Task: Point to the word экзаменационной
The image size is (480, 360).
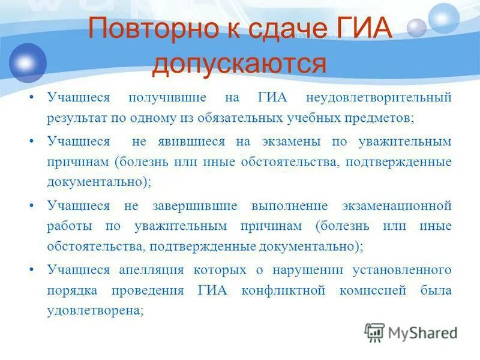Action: (x=398, y=206)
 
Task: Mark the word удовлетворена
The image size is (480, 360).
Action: (x=95, y=311)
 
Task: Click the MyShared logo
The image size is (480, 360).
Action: (x=412, y=332)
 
